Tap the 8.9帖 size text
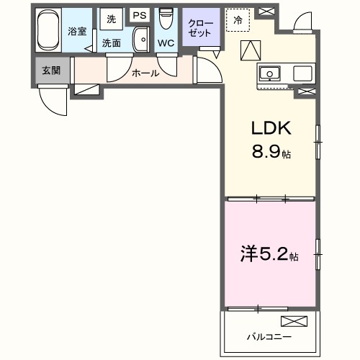271,152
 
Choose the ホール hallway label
145,73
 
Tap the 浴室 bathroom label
77,31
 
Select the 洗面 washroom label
111,43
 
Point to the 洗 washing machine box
112,19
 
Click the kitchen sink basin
271,73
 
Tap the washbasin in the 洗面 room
140,42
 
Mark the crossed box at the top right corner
266,12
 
